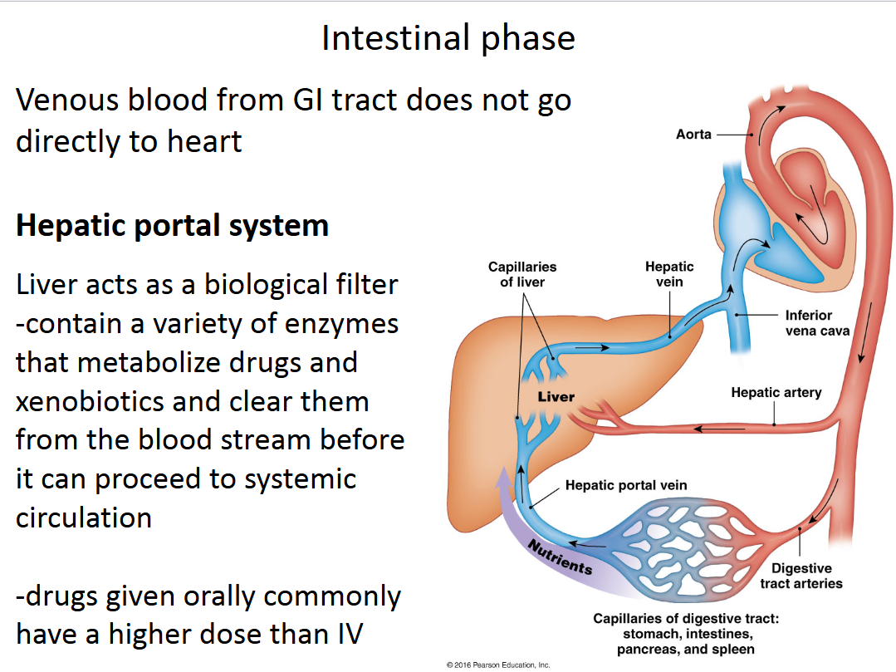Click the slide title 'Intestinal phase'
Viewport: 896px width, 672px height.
(x=448, y=38)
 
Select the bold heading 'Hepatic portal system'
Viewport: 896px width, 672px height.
(x=172, y=226)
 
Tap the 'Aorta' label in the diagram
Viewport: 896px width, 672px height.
(x=693, y=134)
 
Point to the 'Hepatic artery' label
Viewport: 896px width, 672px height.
(x=776, y=392)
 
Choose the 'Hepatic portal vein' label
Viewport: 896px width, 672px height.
(x=626, y=485)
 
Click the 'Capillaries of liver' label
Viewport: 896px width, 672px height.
(x=522, y=274)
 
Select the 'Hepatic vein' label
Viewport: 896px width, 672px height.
(x=669, y=274)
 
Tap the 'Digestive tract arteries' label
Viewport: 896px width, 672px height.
(x=801, y=576)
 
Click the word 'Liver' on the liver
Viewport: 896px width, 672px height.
(x=556, y=397)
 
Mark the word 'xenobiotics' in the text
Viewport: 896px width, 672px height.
(x=90, y=402)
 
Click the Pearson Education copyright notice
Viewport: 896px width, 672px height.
(x=498, y=665)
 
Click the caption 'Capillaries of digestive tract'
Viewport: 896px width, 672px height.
(x=685, y=619)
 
